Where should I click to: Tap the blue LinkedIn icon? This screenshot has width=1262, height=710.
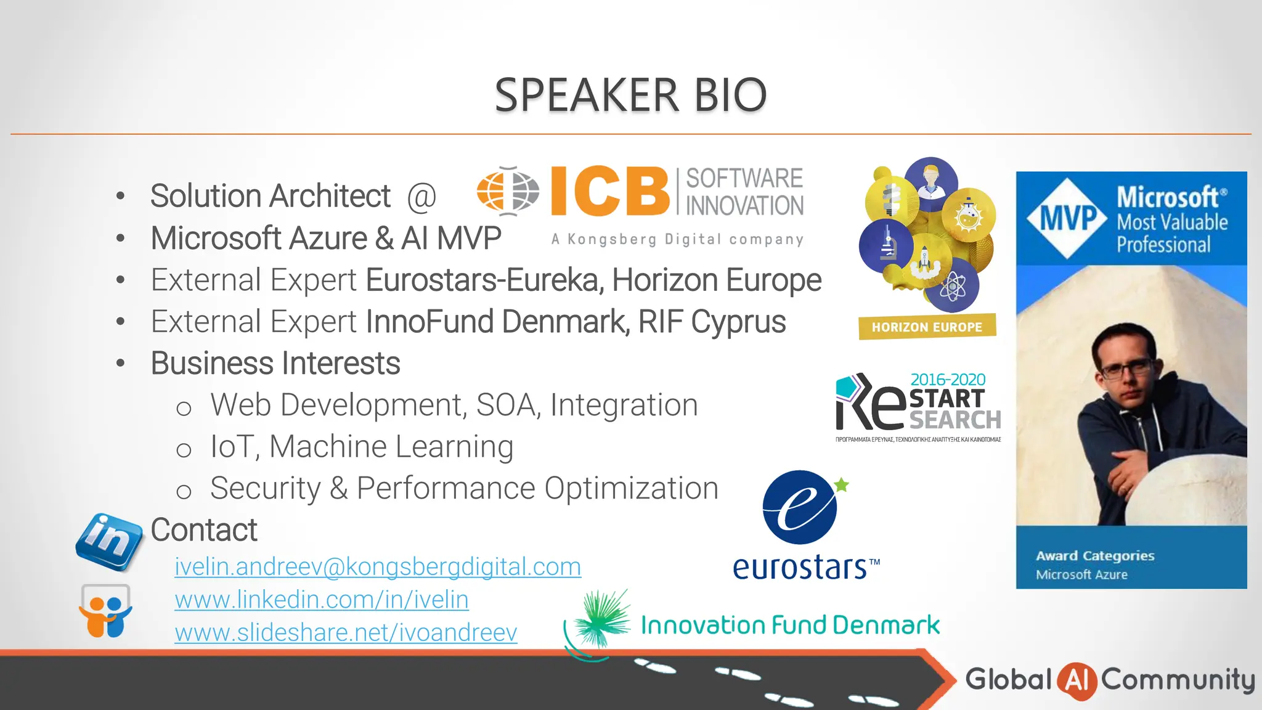coord(108,541)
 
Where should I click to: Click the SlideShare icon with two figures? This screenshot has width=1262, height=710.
coord(105,612)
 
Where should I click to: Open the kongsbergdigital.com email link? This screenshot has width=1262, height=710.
coord(377,566)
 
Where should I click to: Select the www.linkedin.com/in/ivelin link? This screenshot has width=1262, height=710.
coord(321,600)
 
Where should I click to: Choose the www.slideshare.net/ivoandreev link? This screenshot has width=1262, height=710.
coord(345,632)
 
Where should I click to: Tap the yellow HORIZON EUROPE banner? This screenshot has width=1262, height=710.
coord(927,327)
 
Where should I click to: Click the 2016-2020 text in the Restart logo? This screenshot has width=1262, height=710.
coord(948,380)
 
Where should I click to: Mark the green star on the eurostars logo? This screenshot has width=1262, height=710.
coord(841,485)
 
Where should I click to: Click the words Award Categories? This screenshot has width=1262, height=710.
coord(1095,555)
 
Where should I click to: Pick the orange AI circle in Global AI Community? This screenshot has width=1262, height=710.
coord(1077,680)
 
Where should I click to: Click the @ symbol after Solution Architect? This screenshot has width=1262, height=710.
coord(421,197)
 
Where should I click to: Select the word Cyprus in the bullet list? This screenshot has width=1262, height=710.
coord(738,322)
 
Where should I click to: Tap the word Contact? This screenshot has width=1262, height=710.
coord(204,530)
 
